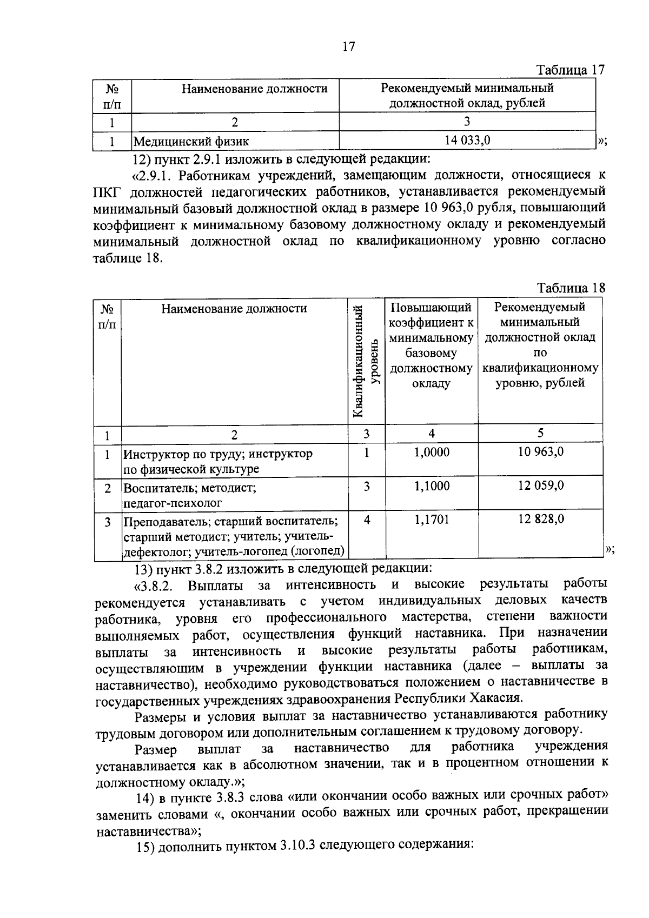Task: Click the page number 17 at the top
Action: coord(349,46)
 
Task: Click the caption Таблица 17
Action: coord(569,70)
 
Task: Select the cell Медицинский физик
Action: coord(191,142)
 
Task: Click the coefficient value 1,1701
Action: coord(432,520)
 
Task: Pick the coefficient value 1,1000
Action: coord(432,486)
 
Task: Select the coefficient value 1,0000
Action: coord(432,453)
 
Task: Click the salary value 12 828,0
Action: coord(540,519)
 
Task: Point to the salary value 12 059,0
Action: coord(540,485)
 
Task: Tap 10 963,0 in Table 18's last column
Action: coord(540,451)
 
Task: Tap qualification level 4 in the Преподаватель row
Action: coord(367,520)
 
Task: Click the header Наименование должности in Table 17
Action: coord(254,89)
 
